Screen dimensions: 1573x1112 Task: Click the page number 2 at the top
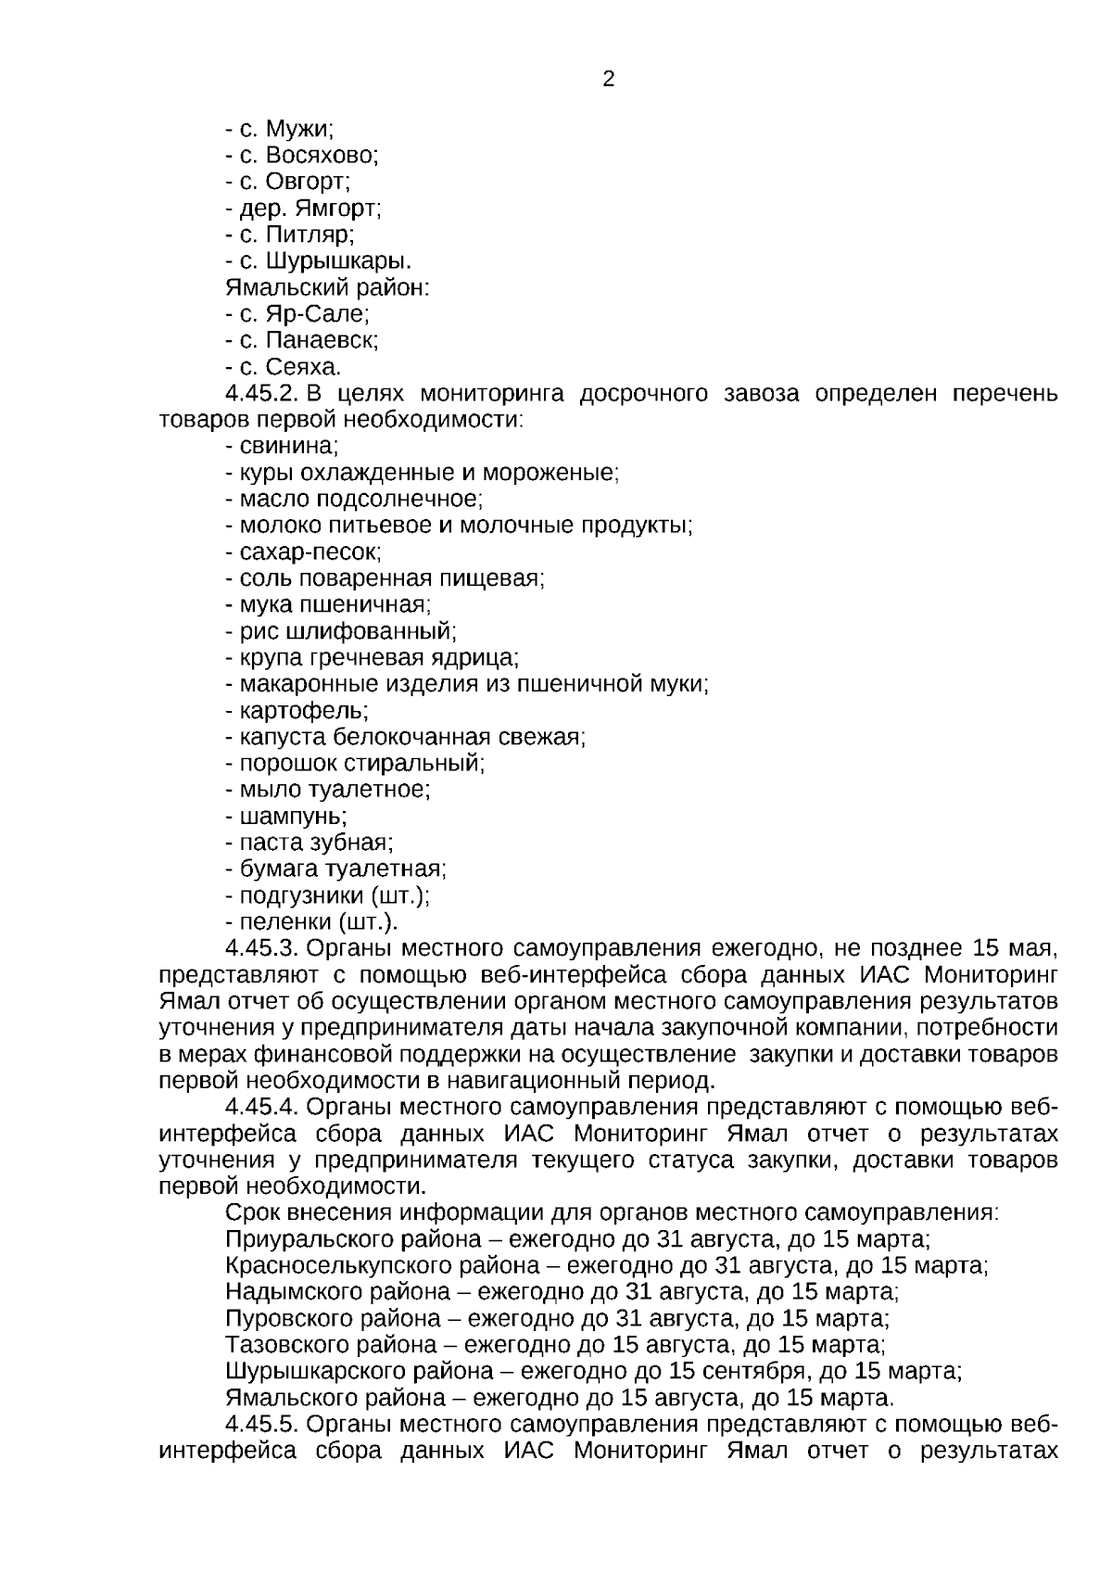pyautogui.click(x=609, y=80)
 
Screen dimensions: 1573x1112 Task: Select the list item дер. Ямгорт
pyautogui.click(x=303, y=209)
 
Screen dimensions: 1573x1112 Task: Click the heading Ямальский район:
pyautogui.click(x=327, y=287)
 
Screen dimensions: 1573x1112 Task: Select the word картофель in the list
pyautogui.click(x=303, y=711)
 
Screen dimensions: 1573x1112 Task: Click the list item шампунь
pyautogui.click(x=293, y=817)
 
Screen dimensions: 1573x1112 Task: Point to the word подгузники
pyautogui.click(x=301, y=895)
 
